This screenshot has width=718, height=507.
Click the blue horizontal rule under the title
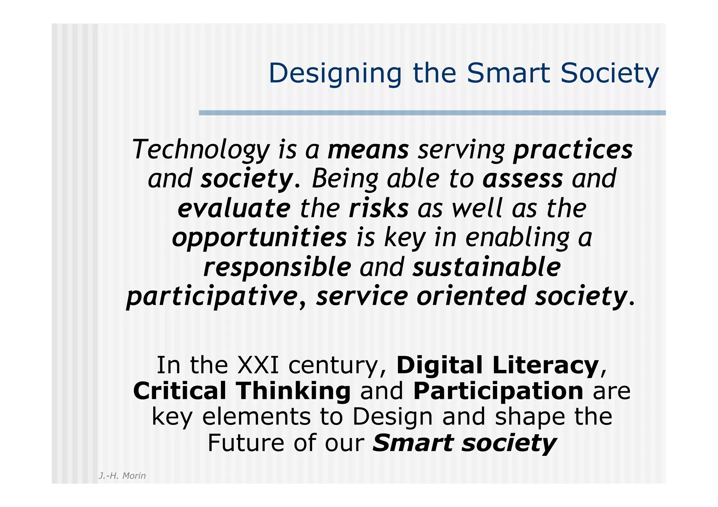point(432,113)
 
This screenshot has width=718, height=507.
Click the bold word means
point(368,150)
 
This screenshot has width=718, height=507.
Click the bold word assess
point(522,179)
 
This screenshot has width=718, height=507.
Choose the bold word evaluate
point(234,208)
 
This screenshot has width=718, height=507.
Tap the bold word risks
point(379,208)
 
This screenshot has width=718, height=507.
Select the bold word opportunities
point(259,238)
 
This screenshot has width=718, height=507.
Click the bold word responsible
point(277,267)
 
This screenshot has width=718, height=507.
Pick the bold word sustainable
point(486,267)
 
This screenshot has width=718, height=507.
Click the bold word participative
point(212,296)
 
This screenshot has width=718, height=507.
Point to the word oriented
point(471,296)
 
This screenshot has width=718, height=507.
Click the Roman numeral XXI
point(258,365)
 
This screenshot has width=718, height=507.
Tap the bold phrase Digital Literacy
point(497,365)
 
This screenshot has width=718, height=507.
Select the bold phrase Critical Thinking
point(242,391)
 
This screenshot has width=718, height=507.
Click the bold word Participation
point(498,391)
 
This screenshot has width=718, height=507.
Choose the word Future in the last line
point(246,443)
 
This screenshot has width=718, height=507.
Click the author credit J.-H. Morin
point(122,476)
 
